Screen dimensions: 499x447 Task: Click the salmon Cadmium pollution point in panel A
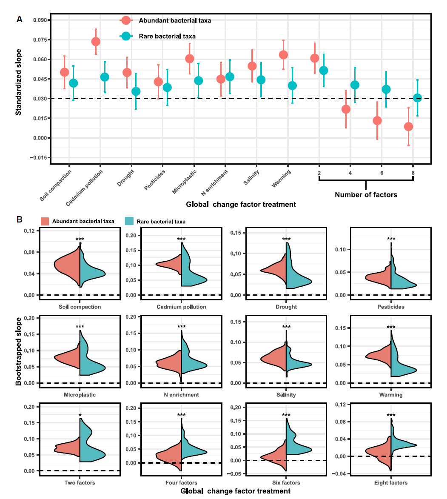pyautogui.click(x=96, y=41)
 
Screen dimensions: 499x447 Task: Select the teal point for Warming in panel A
pyautogui.click(x=292, y=86)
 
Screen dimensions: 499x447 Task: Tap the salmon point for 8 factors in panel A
pyautogui.click(x=408, y=126)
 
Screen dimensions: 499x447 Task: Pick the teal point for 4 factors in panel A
pyautogui.click(x=355, y=85)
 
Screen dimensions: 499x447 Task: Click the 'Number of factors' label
pyautogui.click(x=366, y=195)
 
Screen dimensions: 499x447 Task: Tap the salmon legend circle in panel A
pyautogui.click(x=126, y=20)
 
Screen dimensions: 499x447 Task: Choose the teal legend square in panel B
pyautogui.click(x=130, y=221)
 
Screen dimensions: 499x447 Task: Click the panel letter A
pyautogui.click(x=19, y=19)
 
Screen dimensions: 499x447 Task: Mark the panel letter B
pyautogui.click(x=19, y=220)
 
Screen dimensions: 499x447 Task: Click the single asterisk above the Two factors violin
pyautogui.click(x=80, y=415)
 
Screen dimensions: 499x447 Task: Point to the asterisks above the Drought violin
pyautogui.click(x=286, y=240)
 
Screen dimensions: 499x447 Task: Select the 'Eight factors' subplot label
pyautogui.click(x=391, y=482)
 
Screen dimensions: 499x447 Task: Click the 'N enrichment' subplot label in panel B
pyautogui.click(x=181, y=394)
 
